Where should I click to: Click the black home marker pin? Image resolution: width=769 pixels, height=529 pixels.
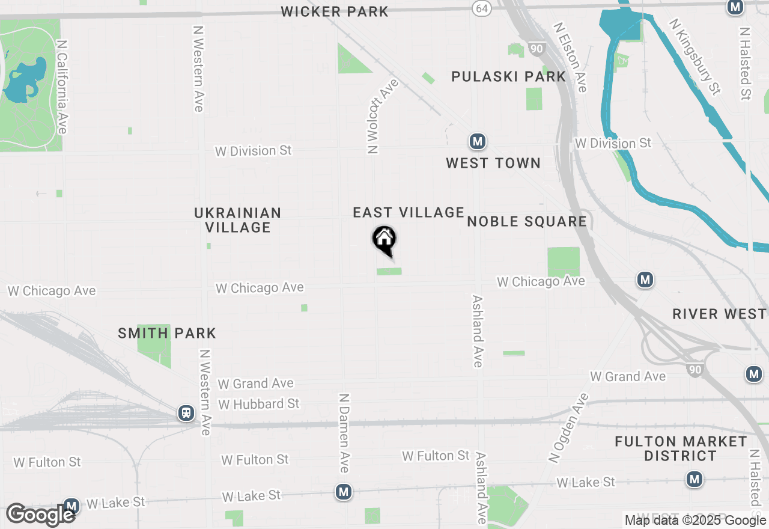click(x=384, y=240)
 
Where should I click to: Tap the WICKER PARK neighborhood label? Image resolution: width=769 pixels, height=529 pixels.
click(x=335, y=11)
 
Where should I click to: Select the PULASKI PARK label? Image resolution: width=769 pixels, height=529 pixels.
click(x=509, y=76)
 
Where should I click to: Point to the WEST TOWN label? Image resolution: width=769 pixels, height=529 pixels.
click(x=493, y=163)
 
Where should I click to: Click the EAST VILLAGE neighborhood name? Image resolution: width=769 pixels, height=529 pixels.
click(x=409, y=212)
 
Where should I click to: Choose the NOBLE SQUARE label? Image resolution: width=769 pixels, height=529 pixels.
click(x=527, y=221)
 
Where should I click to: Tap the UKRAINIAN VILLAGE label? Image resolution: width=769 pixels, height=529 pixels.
click(x=238, y=220)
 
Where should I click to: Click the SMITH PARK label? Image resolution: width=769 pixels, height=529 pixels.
click(x=167, y=333)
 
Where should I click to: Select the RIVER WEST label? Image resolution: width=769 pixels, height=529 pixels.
click(x=719, y=314)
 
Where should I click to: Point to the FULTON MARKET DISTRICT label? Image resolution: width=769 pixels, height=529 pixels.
click(x=681, y=448)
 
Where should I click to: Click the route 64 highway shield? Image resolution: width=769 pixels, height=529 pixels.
click(x=481, y=8)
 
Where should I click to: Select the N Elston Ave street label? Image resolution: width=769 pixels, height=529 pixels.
click(x=570, y=57)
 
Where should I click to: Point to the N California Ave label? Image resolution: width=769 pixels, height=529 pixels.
click(x=61, y=87)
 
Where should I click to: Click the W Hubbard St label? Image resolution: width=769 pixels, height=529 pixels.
click(x=259, y=403)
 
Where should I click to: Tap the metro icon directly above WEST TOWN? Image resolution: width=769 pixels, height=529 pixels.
click(x=478, y=142)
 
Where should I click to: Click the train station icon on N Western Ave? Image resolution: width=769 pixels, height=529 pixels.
click(x=186, y=413)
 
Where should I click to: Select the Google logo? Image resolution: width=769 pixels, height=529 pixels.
click(x=40, y=515)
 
